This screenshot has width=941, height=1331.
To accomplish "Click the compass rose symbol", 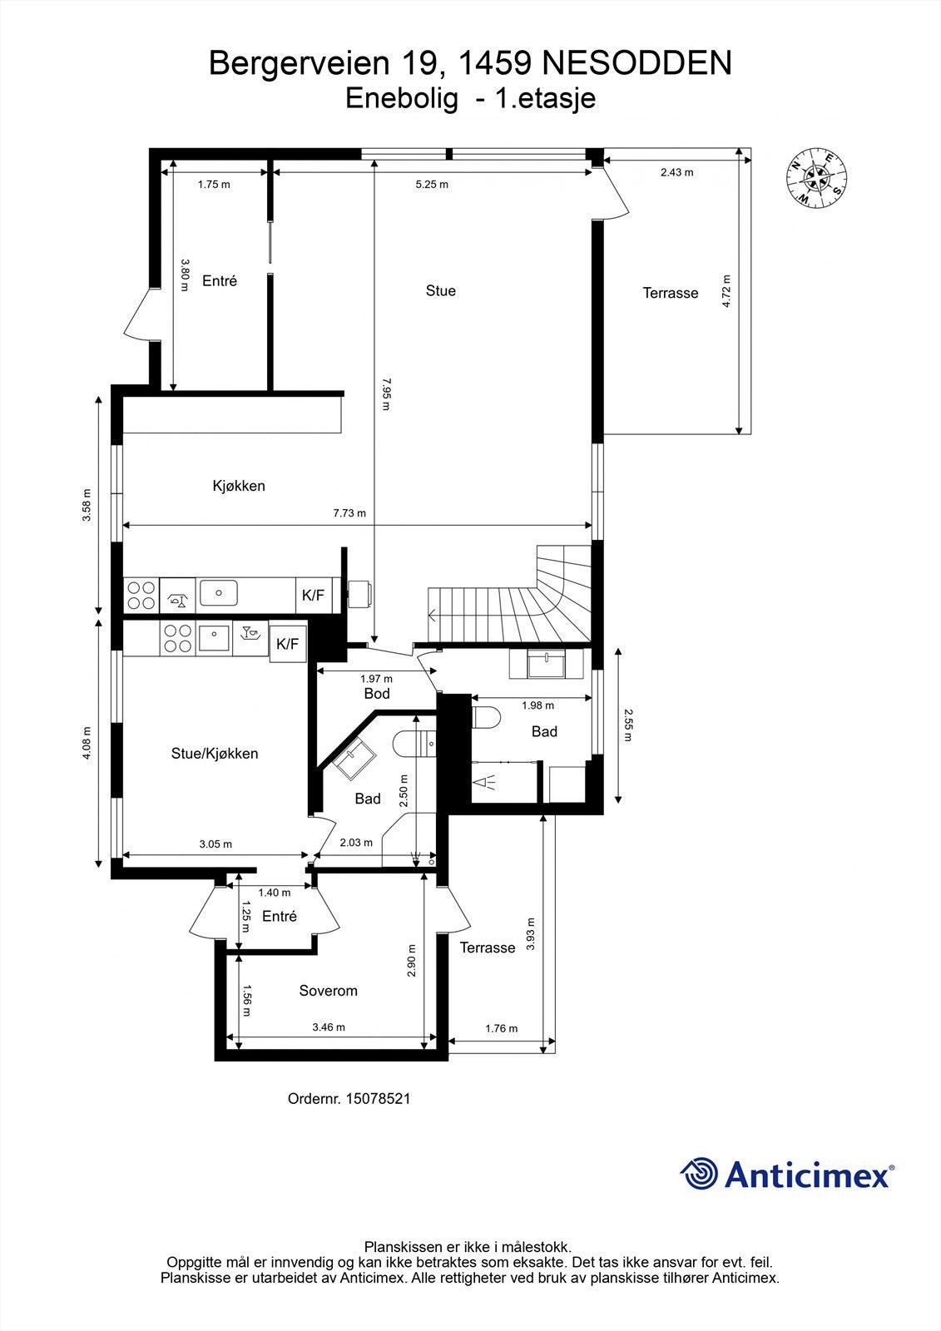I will (x=816, y=177).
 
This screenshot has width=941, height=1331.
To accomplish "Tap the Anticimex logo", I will (x=786, y=1174).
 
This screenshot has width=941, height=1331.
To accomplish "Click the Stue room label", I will (x=440, y=290).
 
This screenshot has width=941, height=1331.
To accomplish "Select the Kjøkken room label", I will (x=239, y=486).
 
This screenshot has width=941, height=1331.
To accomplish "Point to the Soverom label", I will (x=328, y=991).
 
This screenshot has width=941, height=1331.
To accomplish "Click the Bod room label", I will (x=376, y=693).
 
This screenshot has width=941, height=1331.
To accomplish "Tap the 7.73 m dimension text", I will (x=349, y=513).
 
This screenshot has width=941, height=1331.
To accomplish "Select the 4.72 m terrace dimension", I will (x=726, y=291).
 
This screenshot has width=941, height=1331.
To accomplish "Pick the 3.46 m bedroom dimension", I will (x=329, y=1027).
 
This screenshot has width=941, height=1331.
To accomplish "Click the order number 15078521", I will (x=349, y=1098).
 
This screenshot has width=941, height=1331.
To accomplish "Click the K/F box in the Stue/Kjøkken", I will (x=287, y=644).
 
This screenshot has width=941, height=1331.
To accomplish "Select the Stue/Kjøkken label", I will (x=215, y=754).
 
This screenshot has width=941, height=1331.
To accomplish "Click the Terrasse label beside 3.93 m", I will (x=488, y=948).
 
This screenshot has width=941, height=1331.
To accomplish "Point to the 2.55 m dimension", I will (x=628, y=725).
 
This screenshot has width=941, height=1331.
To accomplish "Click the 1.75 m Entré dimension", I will (x=214, y=185).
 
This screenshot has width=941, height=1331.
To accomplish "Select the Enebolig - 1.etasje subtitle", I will (x=470, y=99).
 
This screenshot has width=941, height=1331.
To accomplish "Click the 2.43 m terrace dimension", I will (x=676, y=172).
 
